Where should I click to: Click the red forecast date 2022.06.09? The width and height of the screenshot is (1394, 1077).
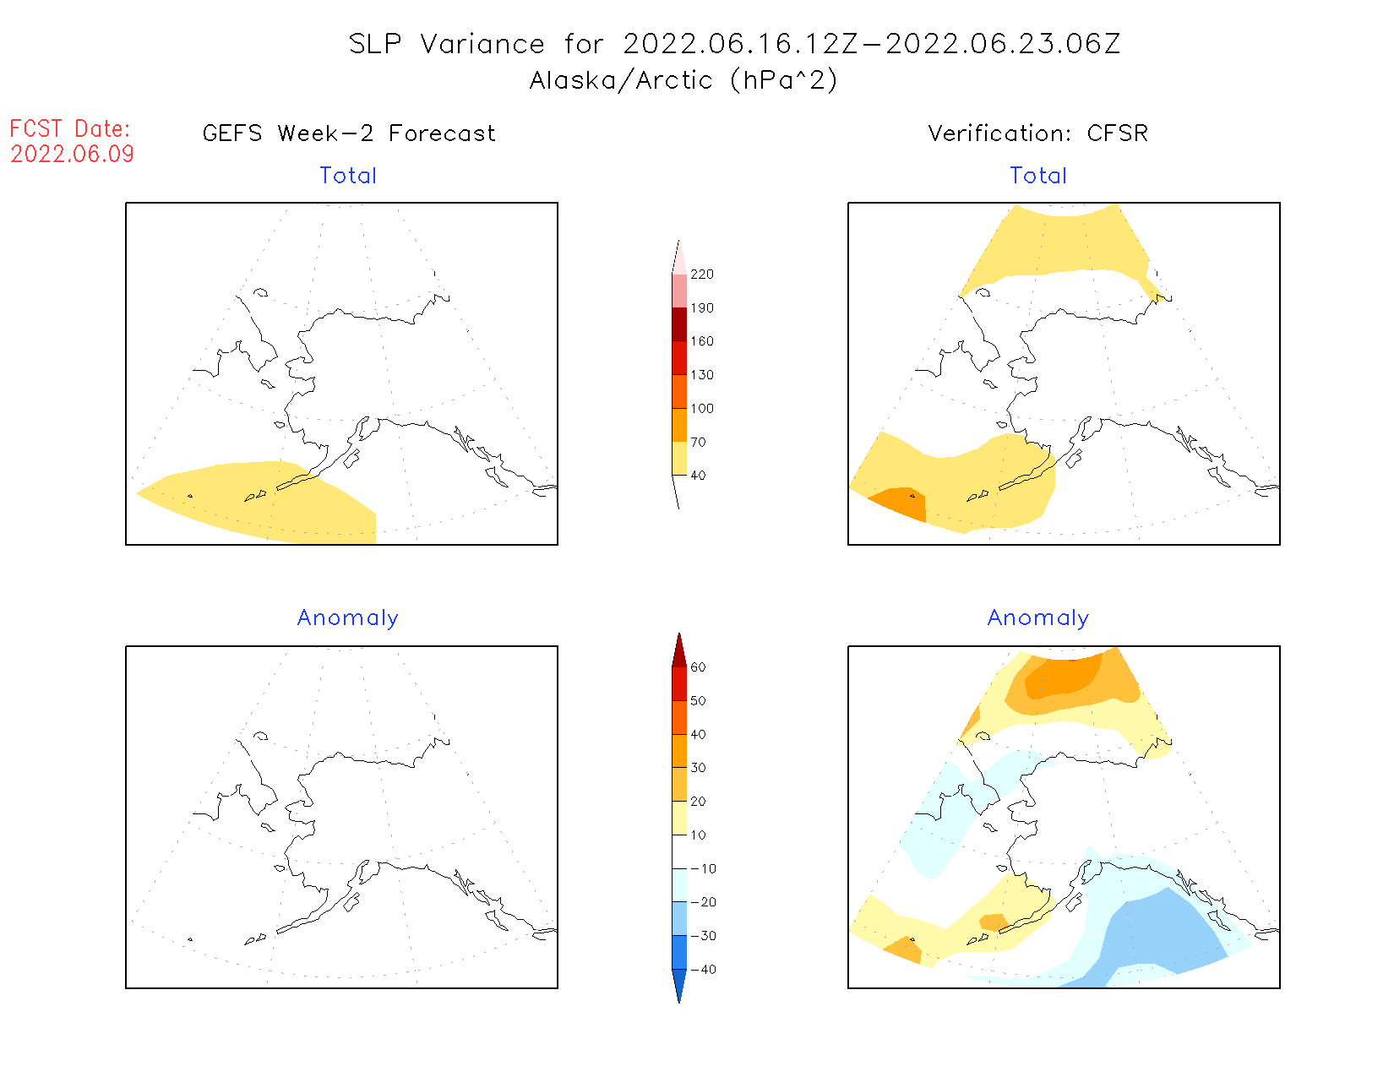(72, 154)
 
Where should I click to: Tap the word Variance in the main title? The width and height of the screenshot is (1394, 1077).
(482, 44)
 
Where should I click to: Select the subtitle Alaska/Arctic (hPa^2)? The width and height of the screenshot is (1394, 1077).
(683, 80)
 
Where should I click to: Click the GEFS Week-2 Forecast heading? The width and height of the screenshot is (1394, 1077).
(349, 133)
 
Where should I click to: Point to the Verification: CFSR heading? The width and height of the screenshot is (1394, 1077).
(1037, 133)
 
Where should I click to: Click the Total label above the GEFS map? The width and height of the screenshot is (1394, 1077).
(348, 176)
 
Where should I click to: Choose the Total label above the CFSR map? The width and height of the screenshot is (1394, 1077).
(1038, 176)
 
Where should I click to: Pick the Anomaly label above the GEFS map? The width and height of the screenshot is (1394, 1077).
(348, 618)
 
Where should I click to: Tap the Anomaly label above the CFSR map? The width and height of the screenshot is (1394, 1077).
(1038, 618)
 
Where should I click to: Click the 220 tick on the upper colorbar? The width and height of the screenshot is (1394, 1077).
(701, 275)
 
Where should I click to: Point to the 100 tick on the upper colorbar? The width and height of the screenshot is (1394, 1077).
(701, 409)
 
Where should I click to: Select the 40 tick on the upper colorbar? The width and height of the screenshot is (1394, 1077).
(698, 476)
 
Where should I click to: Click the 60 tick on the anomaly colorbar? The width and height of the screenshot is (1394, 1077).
(698, 667)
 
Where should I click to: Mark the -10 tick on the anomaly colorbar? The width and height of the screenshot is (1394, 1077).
(703, 869)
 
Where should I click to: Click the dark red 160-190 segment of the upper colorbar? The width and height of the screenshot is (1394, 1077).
(679, 324)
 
